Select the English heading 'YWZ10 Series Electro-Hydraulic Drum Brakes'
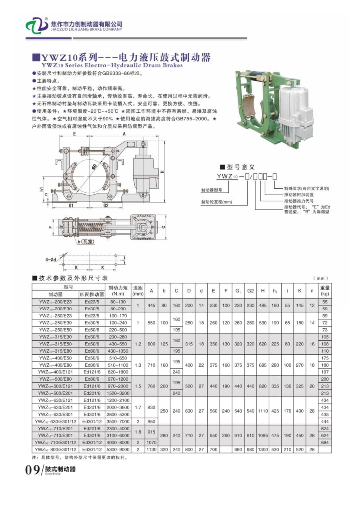pyautogui.click(x=112, y=65)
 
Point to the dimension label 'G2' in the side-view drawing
pyautogui.click(x=106, y=206)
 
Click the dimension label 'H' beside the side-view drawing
pyautogui.click(x=162, y=171)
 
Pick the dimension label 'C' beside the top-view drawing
pyautogui.click(x=164, y=227)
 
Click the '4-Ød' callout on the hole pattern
pyautogui.click(x=51, y=259)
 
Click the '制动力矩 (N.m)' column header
pyautogui.click(x=118, y=291)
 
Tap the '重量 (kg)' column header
pyautogui.click(x=324, y=291)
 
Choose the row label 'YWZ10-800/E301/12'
pyautogui.click(x=55, y=449)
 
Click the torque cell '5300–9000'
pyautogui.click(x=118, y=449)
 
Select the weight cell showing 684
pyautogui.click(x=324, y=442)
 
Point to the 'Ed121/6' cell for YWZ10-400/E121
pyautogui.click(x=92, y=371)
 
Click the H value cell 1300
pyautogui.click(x=263, y=449)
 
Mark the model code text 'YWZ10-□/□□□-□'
pyautogui.click(x=246, y=176)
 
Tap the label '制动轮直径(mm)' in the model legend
pyautogui.click(x=216, y=202)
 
